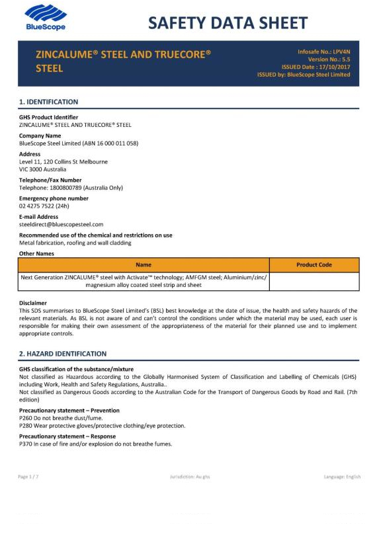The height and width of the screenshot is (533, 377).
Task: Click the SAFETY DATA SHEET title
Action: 228,23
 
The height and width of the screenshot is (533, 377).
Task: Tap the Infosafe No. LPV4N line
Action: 324,52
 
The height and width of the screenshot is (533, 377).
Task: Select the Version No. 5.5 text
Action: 329,60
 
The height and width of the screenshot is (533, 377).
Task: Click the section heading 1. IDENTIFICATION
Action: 49,102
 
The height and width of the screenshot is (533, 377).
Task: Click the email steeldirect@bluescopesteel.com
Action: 62,224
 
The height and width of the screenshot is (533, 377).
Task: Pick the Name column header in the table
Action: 144,265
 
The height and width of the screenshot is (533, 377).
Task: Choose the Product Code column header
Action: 314,265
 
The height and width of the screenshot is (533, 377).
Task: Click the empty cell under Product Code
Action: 314,281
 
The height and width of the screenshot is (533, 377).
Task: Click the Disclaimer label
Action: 33,303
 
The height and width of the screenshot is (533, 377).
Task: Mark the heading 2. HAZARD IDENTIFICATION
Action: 63,354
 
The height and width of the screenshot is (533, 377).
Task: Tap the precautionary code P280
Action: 26,425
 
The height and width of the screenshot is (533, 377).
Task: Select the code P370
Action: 26,444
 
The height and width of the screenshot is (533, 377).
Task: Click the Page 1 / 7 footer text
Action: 28,476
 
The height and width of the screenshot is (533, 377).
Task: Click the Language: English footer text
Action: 342,476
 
